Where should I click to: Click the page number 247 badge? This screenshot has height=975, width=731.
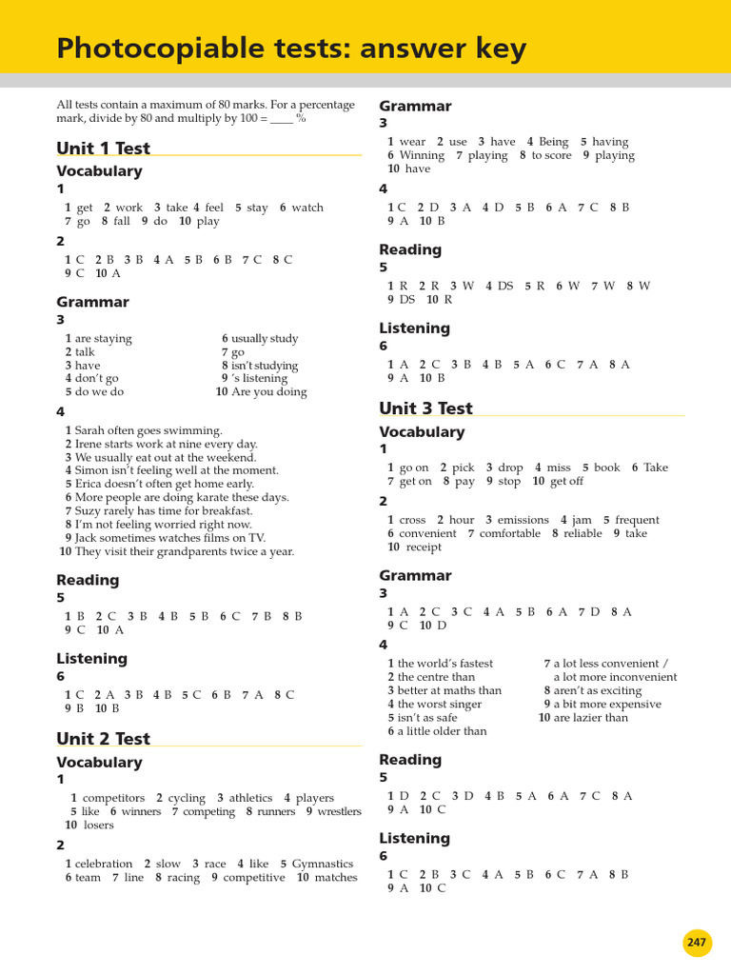[697, 943]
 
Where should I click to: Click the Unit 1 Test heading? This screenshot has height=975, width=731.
[103, 148]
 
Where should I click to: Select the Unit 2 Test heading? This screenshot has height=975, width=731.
[103, 739]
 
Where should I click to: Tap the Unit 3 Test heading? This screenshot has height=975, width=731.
[425, 408]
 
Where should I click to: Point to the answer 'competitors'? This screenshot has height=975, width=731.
[114, 798]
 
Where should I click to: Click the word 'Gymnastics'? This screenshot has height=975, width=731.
[323, 864]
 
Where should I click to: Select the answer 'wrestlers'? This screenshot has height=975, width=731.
[339, 811]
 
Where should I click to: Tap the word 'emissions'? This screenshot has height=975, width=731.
[523, 520]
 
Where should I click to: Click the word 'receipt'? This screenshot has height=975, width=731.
[424, 547]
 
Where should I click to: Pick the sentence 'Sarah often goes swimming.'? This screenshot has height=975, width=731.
[148, 430]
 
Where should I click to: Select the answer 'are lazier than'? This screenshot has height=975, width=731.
[591, 718]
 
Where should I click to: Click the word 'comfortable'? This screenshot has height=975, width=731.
[510, 533]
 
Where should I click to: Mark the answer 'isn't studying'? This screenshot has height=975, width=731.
[265, 366]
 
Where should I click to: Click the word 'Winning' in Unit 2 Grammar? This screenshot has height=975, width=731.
[422, 155]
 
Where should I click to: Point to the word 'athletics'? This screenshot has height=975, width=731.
[250, 798]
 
